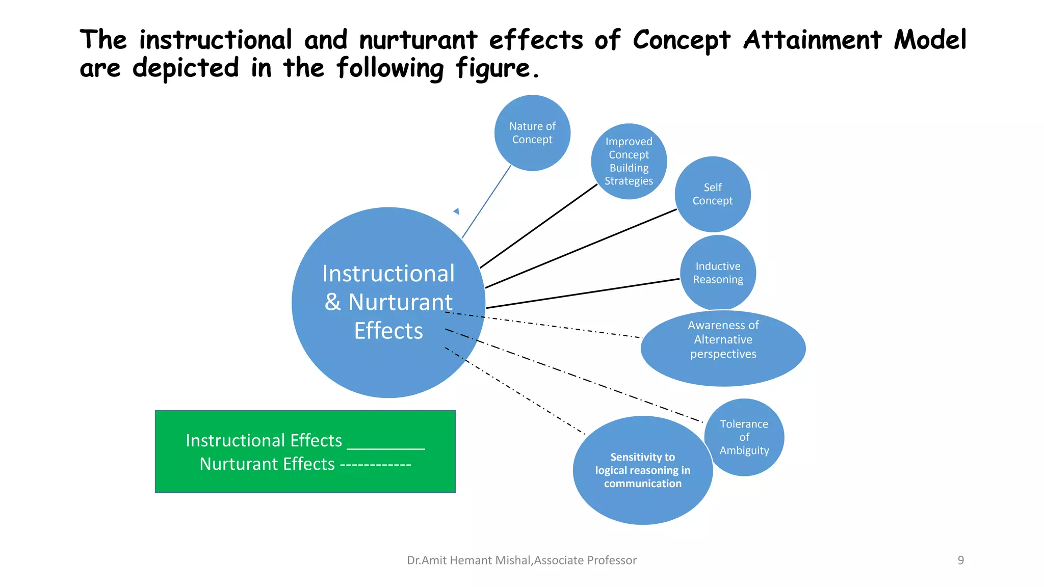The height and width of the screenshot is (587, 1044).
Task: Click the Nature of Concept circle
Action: (x=532, y=132)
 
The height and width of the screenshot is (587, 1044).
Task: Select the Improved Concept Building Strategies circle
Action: (x=629, y=161)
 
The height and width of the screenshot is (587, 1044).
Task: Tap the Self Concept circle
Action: (x=712, y=194)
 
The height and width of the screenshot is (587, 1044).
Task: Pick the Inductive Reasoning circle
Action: (x=718, y=273)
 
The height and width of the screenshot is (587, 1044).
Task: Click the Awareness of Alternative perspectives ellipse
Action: (x=723, y=349)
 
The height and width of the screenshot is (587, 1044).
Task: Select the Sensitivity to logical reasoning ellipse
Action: (x=642, y=470)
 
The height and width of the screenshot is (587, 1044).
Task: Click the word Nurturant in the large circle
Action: (x=400, y=302)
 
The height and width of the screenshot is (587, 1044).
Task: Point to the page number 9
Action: (x=960, y=560)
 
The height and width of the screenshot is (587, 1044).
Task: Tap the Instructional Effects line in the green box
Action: (x=305, y=440)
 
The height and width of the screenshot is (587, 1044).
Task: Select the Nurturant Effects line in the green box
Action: (x=305, y=464)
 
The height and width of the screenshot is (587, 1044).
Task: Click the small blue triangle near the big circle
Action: (x=457, y=211)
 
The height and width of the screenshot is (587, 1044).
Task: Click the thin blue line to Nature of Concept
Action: (x=486, y=202)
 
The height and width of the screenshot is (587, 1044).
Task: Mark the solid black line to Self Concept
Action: (x=581, y=249)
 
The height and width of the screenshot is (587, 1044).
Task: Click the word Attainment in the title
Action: (x=812, y=40)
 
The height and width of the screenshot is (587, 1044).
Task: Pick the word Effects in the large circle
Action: (x=388, y=331)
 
